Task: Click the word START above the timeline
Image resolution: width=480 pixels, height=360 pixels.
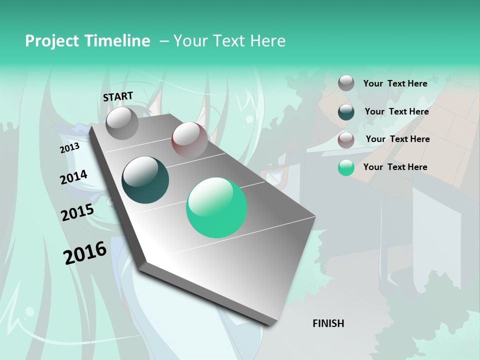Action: [118, 96]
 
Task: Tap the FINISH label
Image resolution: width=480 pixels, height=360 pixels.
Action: [328, 323]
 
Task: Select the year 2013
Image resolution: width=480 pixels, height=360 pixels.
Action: [69, 148]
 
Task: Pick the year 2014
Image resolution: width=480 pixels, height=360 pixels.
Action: [73, 177]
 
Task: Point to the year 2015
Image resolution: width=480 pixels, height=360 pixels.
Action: [77, 212]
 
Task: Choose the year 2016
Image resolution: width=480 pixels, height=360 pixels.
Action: [85, 252]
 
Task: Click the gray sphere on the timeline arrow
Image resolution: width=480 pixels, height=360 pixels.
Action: [122, 123]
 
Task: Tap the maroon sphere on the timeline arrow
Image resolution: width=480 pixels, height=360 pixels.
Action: [189, 139]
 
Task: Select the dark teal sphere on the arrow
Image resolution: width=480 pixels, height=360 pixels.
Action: [145, 180]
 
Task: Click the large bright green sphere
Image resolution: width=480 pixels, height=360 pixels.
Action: [216, 207]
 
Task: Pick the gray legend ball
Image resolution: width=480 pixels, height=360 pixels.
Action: [346, 83]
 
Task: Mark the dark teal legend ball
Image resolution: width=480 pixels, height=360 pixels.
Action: [346, 111]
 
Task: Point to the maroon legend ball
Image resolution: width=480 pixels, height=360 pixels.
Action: [346, 139]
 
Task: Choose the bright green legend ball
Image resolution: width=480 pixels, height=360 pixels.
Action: [346, 167]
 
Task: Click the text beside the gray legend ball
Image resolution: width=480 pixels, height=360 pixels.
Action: [395, 83]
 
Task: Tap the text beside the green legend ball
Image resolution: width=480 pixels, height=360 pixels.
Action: [395, 167]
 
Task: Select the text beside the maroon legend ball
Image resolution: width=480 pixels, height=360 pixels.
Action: [397, 139]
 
